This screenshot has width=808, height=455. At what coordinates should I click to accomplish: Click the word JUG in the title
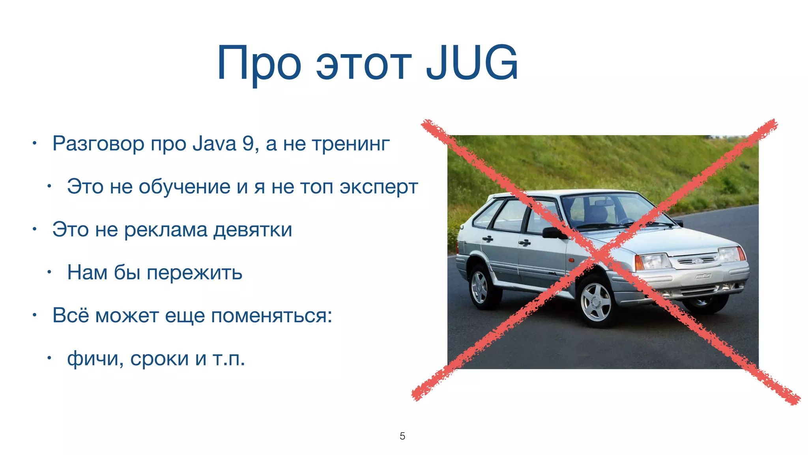(472, 63)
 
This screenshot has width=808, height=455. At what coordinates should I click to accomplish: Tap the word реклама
(166, 230)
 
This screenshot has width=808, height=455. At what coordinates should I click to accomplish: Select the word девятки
(252, 230)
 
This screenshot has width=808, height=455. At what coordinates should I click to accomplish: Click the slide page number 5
(402, 436)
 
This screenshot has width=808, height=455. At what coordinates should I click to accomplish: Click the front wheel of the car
(596, 303)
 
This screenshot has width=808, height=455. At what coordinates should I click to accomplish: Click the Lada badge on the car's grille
(698, 261)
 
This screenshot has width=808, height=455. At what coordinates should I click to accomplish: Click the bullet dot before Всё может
(35, 315)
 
